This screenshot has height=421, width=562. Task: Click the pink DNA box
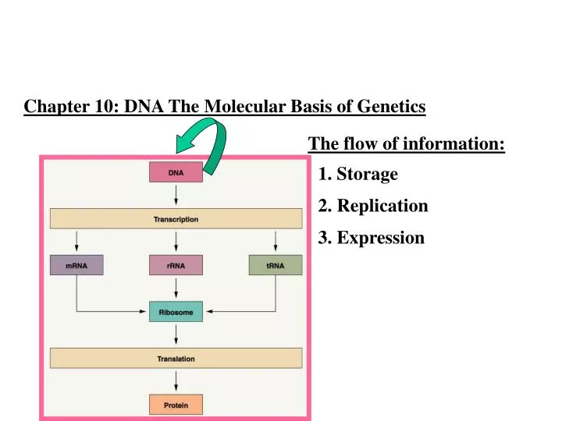pyautogui.click(x=176, y=172)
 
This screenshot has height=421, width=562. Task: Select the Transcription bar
pyautogui.click(x=176, y=219)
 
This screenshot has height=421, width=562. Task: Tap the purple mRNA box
pyautogui.click(x=76, y=265)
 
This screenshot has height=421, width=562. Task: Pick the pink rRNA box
pyautogui.click(x=176, y=265)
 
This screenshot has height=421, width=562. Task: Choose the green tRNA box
pyautogui.click(x=275, y=265)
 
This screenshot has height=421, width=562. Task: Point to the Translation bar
pyautogui.click(x=176, y=359)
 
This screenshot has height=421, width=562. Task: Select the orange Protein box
pyautogui.click(x=176, y=405)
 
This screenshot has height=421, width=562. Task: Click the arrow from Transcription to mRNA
pyautogui.click(x=76, y=242)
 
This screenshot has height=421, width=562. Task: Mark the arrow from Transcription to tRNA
pyautogui.click(x=275, y=242)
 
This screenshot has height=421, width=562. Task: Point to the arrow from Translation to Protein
pyautogui.click(x=176, y=382)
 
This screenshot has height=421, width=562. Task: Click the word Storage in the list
pyautogui.click(x=367, y=175)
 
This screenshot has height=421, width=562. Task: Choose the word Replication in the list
pyautogui.click(x=382, y=207)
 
